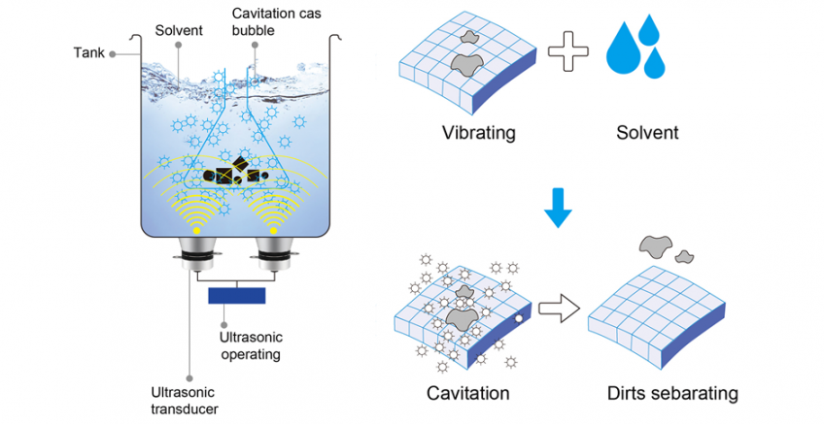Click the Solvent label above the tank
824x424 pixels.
tap(180, 30)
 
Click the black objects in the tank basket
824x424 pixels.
tap(229, 175)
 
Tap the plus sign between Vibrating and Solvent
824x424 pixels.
tap(568, 55)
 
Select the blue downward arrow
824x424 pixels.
tap(555, 208)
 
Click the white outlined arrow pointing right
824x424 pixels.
tap(558, 310)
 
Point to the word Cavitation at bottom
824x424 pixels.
tap(468, 394)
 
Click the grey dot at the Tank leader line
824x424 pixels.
tap(114, 54)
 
